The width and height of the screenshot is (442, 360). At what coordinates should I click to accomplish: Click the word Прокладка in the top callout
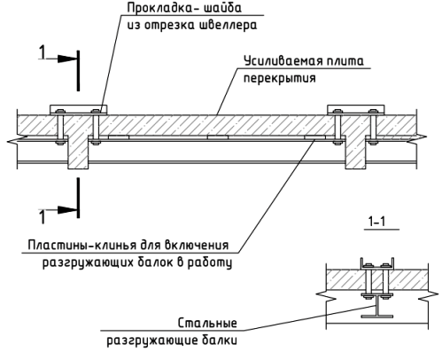156,8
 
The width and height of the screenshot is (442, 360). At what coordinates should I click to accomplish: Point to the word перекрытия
279,78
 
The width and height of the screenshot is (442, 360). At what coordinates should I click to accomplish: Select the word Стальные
207,323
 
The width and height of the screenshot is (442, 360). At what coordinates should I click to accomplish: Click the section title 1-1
377,221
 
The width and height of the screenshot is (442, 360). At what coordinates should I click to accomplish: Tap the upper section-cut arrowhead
67,59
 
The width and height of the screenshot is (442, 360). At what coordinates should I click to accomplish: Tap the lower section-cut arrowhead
67,210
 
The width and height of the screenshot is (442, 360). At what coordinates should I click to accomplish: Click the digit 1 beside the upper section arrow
43,53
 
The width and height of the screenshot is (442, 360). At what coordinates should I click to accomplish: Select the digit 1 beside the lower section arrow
43,216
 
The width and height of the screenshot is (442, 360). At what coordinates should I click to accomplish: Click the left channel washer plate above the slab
78,110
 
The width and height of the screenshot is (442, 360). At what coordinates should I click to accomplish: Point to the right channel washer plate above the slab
356,110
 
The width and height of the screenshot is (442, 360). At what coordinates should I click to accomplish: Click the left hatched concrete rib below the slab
78,153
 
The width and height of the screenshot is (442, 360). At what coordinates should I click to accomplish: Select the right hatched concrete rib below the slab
355,153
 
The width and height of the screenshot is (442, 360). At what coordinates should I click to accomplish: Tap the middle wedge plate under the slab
218,137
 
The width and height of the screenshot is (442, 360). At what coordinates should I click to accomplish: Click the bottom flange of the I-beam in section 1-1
377,317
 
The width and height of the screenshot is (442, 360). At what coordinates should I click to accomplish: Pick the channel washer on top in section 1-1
377,264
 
